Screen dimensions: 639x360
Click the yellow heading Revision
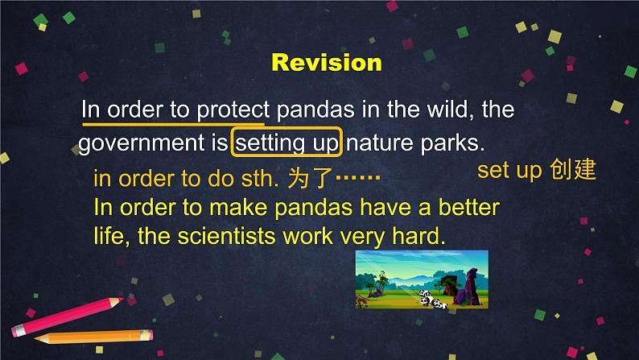click(327, 63)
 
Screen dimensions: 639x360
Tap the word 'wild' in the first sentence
click(450, 110)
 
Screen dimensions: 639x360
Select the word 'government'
click(142, 143)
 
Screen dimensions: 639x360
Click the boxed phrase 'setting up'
click(287, 143)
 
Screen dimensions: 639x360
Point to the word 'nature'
click(380, 143)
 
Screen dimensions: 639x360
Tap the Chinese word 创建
click(572, 169)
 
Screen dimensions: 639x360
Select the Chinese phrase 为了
click(310, 179)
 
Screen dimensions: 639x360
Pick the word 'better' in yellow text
click(468, 207)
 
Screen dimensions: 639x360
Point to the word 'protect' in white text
click(233, 110)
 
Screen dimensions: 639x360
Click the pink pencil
click(67, 317)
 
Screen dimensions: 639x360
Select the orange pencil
click(93, 337)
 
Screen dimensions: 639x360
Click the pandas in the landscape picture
click(432, 299)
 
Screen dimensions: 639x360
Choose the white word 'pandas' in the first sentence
click(315, 110)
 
